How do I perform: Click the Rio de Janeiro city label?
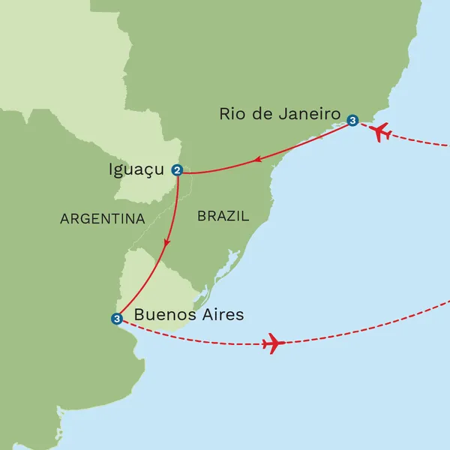pyautogui.click(x=280, y=114)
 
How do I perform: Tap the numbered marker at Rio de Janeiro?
pyautogui.click(x=352, y=119)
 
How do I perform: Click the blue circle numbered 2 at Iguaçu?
pyautogui.click(x=177, y=170)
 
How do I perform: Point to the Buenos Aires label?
pyautogui.click(x=188, y=314)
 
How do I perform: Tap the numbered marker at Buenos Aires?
pyautogui.click(x=116, y=319)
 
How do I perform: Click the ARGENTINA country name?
pyautogui.click(x=102, y=219)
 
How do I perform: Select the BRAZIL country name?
pyautogui.click(x=222, y=216)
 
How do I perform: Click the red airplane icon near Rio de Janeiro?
pyautogui.click(x=380, y=131)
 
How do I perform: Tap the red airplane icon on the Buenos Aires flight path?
pyautogui.click(x=273, y=345)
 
